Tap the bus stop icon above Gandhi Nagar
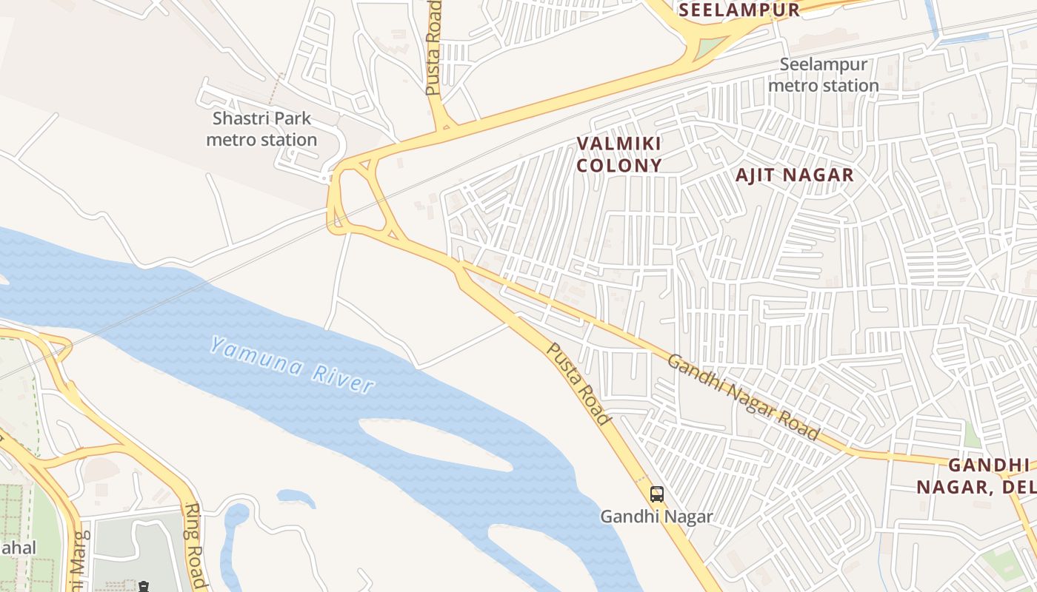656,494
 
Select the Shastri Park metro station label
261,129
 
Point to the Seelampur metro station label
823,75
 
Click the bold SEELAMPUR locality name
739,10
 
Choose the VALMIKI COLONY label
618,154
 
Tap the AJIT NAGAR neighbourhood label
794,175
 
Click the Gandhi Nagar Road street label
744,396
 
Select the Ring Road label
196,545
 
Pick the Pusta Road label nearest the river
579,384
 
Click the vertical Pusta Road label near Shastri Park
433,47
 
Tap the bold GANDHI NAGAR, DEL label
976,476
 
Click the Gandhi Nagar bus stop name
656,517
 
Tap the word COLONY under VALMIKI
618,165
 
